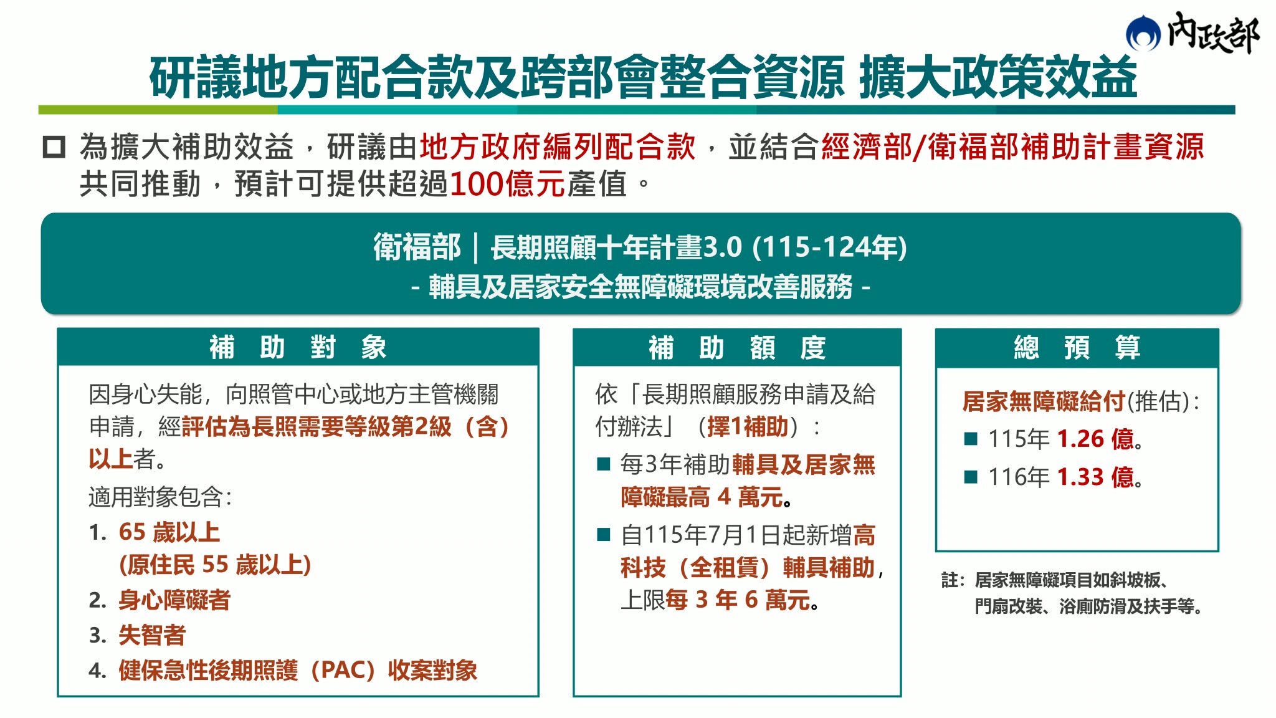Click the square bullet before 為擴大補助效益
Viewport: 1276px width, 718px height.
coord(54,147)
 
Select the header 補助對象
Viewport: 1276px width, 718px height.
coord(298,347)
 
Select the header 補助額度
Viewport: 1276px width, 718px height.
coord(737,347)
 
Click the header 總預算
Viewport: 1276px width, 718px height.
coord(1077,347)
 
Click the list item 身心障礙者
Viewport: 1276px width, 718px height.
coord(174,600)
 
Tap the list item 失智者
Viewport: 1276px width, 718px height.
coord(152,635)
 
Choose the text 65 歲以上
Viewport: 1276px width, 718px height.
coord(169,532)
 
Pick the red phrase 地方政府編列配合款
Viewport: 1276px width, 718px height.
coord(558,147)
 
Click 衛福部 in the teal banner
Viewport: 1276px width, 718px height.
coord(417,247)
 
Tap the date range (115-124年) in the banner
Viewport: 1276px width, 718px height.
coord(829,247)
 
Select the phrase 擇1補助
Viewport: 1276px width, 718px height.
coord(748,427)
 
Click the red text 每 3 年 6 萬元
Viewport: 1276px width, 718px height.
coord(738,600)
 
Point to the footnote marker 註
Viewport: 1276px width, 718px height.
coord(950,580)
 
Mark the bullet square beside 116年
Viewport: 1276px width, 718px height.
coord(971,477)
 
